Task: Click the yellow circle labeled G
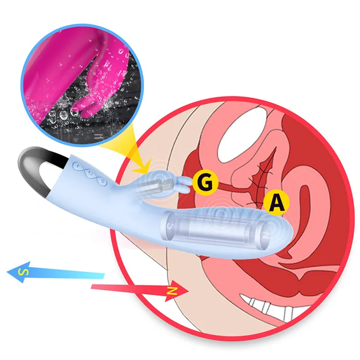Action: (204, 182)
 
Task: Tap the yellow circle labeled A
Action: (276, 203)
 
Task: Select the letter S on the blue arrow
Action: (23, 271)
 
